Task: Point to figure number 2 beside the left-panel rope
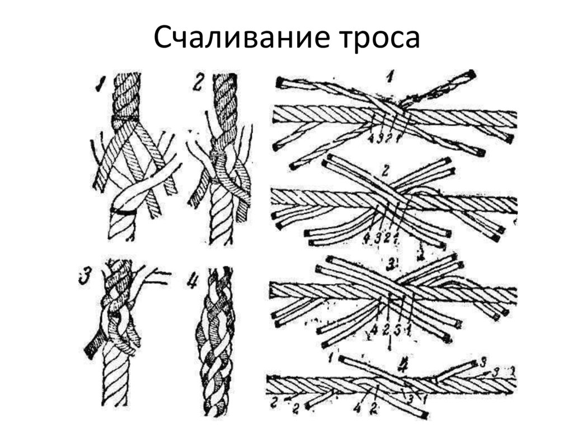[x=198, y=83]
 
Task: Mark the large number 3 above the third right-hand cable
[x=392, y=263]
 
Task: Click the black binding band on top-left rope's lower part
[x=123, y=211]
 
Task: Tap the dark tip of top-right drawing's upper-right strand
[x=471, y=74]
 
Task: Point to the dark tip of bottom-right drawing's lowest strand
[x=424, y=415]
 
